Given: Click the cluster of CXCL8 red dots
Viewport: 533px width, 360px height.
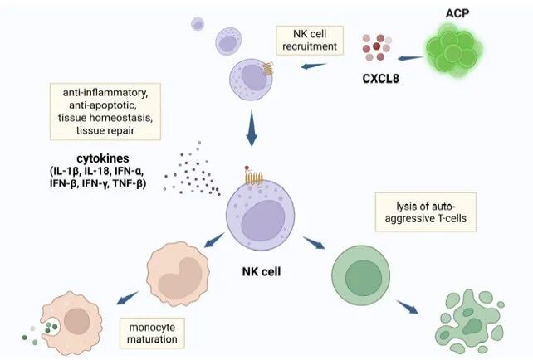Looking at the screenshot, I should point(379,50).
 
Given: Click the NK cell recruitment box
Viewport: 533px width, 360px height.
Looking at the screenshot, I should point(307,40).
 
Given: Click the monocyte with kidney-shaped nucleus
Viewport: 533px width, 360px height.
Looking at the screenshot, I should point(178,274).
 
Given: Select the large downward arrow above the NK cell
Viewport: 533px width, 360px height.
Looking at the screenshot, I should point(251,129).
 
